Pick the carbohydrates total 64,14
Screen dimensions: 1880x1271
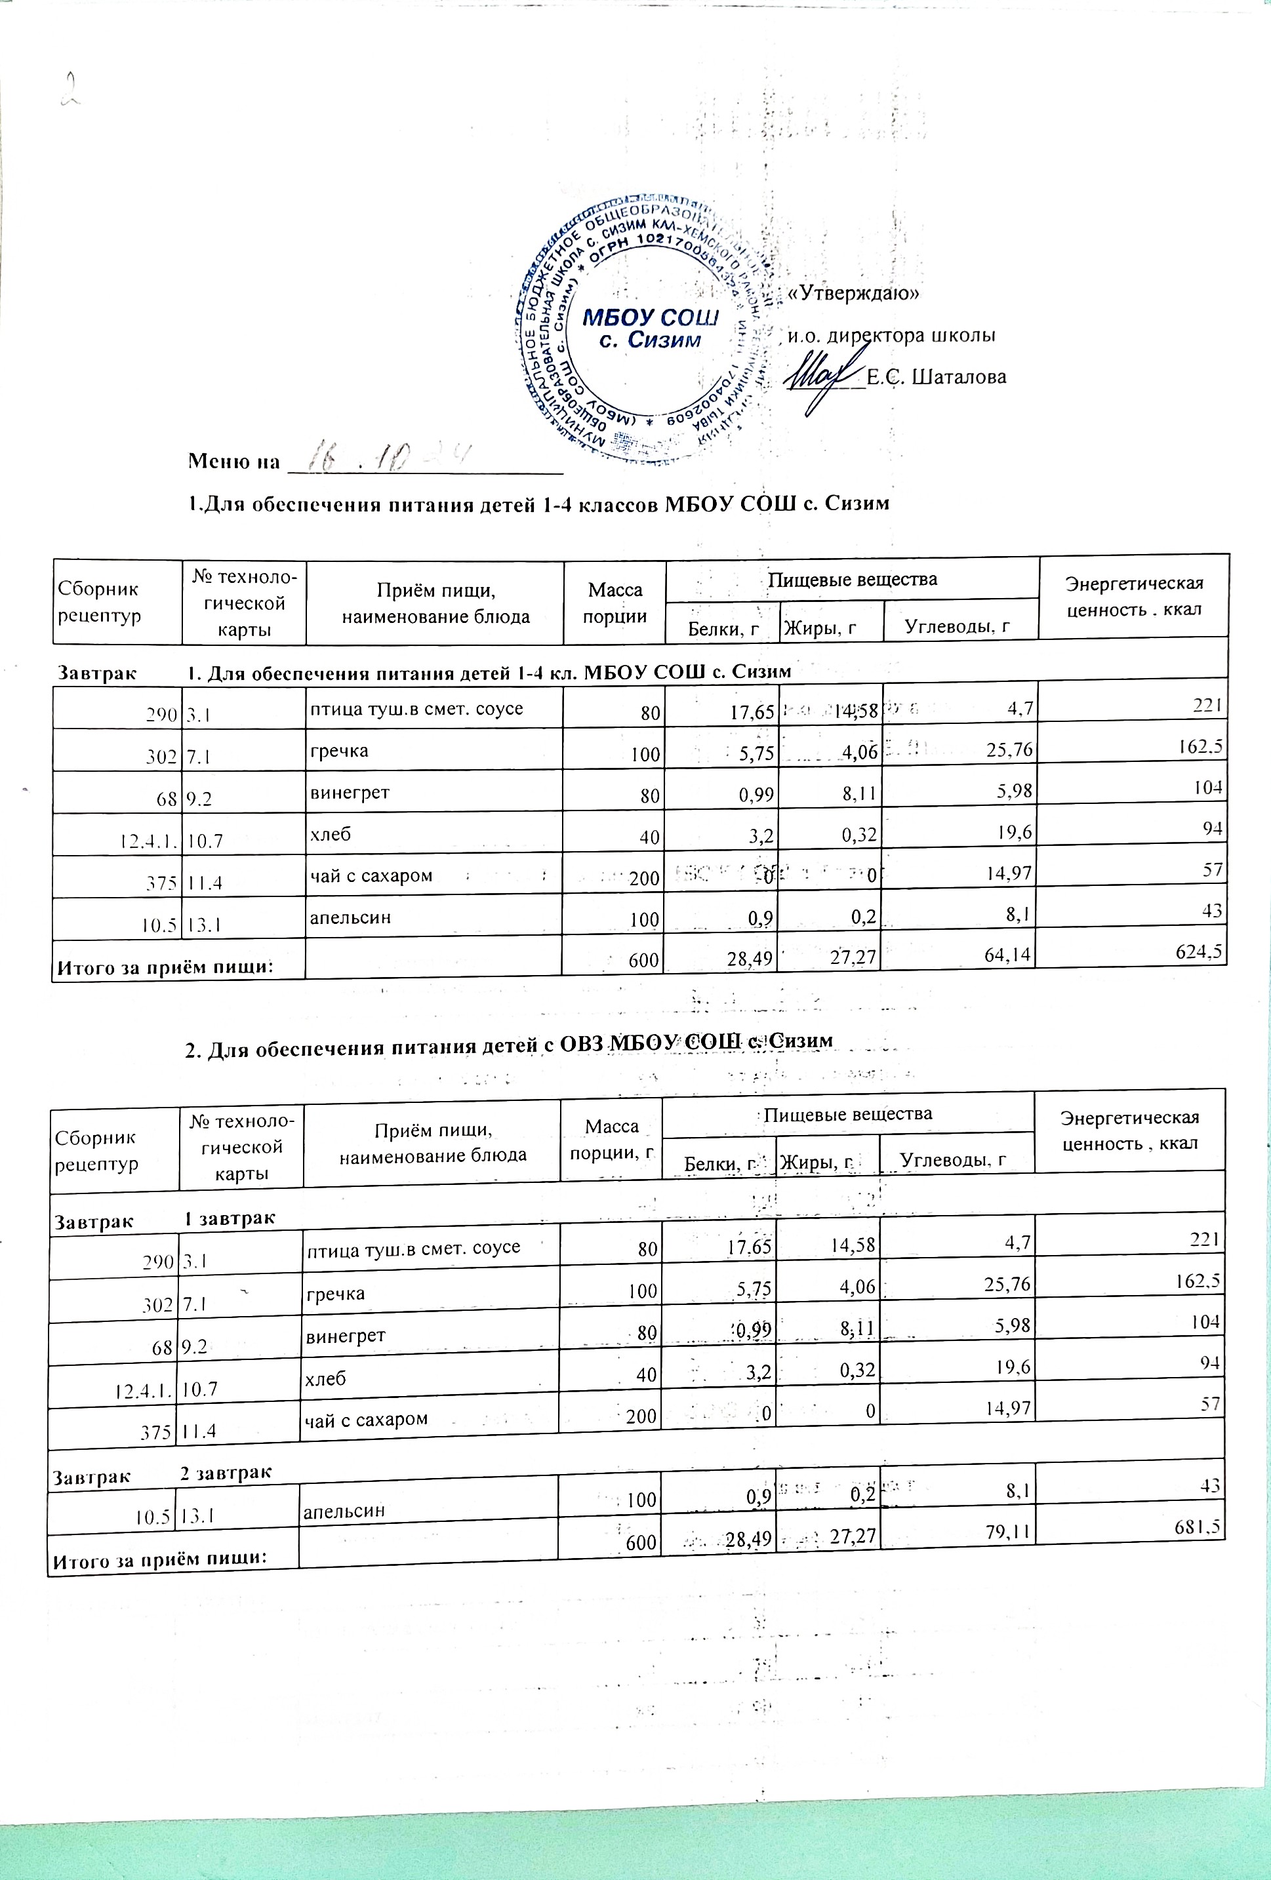[1008, 955]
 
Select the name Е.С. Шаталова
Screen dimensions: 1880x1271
[936, 377]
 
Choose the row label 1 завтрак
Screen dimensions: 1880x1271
[230, 1218]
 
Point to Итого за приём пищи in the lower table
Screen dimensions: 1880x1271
[159, 1559]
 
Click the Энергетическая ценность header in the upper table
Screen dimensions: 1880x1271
[1133, 596]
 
